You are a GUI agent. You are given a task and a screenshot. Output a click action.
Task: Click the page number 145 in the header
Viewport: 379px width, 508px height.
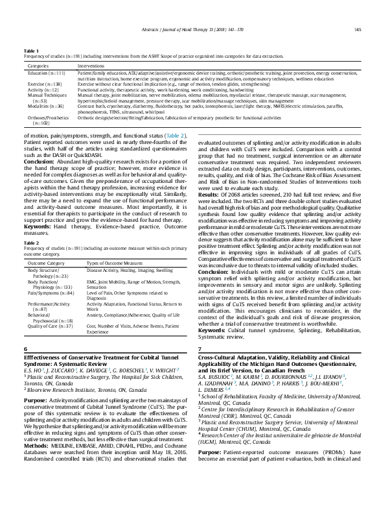pos(358,29)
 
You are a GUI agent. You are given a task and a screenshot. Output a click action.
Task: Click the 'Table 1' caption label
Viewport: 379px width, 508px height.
pos(30,50)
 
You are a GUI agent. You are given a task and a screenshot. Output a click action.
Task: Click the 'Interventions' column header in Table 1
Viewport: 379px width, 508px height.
pos(91,66)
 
